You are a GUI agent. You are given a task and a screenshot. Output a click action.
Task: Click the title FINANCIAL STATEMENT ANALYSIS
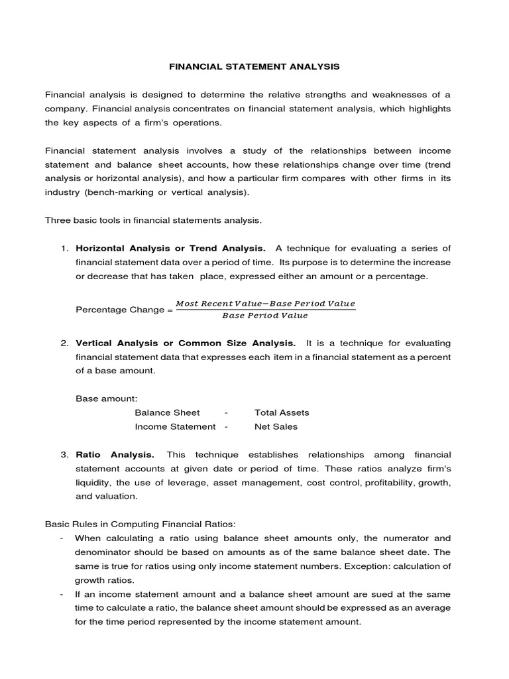coord(254,67)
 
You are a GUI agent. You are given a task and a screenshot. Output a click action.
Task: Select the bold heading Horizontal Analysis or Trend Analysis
coord(171,248)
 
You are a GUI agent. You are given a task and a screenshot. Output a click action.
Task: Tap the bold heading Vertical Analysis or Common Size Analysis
coord(186,343)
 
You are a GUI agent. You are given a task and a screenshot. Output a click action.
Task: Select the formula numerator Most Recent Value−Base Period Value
coord(266,304)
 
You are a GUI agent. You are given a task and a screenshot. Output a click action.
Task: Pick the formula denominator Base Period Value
coord(265,316)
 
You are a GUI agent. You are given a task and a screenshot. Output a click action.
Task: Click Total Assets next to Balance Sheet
coord(282,412)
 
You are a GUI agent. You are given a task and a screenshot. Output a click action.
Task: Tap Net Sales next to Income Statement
coord(276,426)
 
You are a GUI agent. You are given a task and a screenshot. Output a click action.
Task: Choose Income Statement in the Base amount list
coord(175,426)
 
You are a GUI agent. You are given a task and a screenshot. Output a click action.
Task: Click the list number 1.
coord(64,248)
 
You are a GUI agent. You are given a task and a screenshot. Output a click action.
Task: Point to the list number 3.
coord(64,454)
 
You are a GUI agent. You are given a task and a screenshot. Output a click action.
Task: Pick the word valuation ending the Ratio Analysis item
coord(117,496)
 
